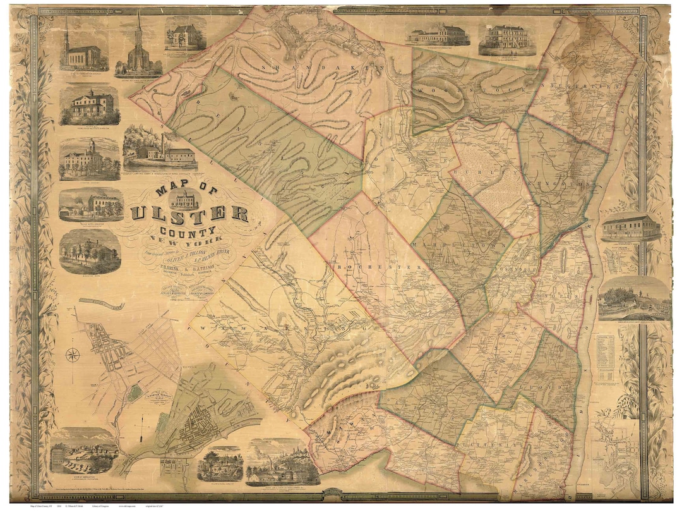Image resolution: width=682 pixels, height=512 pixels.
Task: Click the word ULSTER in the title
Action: point(189,214)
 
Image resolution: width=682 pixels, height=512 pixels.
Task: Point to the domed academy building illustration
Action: point(89,158)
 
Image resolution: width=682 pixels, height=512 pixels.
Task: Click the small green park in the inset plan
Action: point(134,393)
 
